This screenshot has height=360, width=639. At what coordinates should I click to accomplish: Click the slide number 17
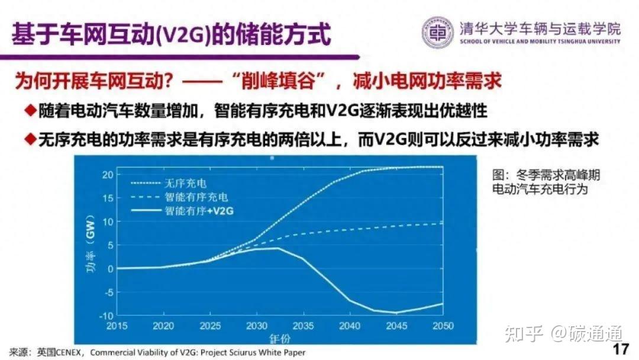tap(621, 349)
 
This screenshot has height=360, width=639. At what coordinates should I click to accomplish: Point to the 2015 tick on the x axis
tap(118, 326)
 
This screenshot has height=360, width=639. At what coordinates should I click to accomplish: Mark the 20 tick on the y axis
tap(107, 174)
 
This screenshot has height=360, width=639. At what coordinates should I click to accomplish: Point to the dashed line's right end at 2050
tap(443, 223)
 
